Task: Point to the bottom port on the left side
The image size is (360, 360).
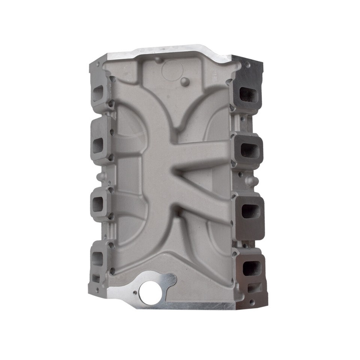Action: click(97, 258)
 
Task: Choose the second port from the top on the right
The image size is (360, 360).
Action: click(250, 150)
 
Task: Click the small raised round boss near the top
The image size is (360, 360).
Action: click(184, 81)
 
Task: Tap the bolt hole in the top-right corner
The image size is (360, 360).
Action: click(247, 65)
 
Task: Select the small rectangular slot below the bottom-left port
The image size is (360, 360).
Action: click(96, 278)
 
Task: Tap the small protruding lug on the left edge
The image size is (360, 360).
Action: click(99, 176)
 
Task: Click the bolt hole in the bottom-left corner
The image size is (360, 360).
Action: click(97, 290)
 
